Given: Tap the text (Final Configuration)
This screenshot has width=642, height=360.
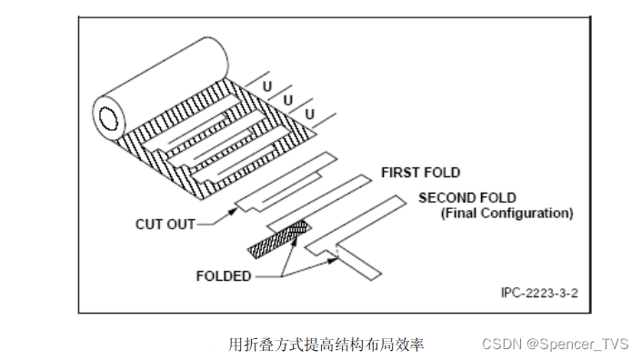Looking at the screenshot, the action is pyautogui.click(x=507, y=213).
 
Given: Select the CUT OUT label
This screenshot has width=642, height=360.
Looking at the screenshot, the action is pyautogui.click(x=166, y=225).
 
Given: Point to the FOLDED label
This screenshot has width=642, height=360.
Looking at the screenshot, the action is pyautogui.click(x=224, y=276).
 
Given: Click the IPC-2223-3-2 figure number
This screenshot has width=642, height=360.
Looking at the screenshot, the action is pyautogui.click(x=539, y=293).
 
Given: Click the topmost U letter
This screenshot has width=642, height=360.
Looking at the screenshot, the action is pyautogui.click(x=267, y=86).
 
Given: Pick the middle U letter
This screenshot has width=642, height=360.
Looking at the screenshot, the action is pyautogui.click(x=288, y=100).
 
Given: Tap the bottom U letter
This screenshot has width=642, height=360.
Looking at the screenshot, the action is pyautogui.click(x=310, y=115).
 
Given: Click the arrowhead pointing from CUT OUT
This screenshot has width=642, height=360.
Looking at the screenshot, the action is pyautogui.click(x=233, y=212).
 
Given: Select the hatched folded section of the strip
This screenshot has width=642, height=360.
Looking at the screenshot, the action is pyautogui.click(x=279, y=239).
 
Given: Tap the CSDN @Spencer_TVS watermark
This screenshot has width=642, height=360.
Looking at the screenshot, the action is pyautogui.click(x=556, y=344).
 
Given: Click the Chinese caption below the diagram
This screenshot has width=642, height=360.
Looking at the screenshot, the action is pyautogui.click(x=326, y=345).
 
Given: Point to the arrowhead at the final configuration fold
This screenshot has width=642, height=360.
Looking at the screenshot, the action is pyautogui.click(x=334, y=260).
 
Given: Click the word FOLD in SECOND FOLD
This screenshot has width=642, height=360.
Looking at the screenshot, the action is pyautogui.click(x=498, y=198).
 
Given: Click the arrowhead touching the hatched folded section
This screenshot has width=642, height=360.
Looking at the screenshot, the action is pyautogui.click(x=294, y=245).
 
